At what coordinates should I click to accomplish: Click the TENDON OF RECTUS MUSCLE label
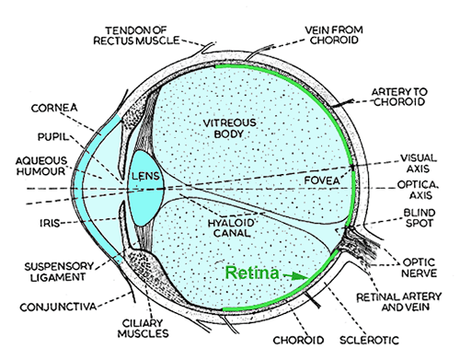(151, 35)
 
